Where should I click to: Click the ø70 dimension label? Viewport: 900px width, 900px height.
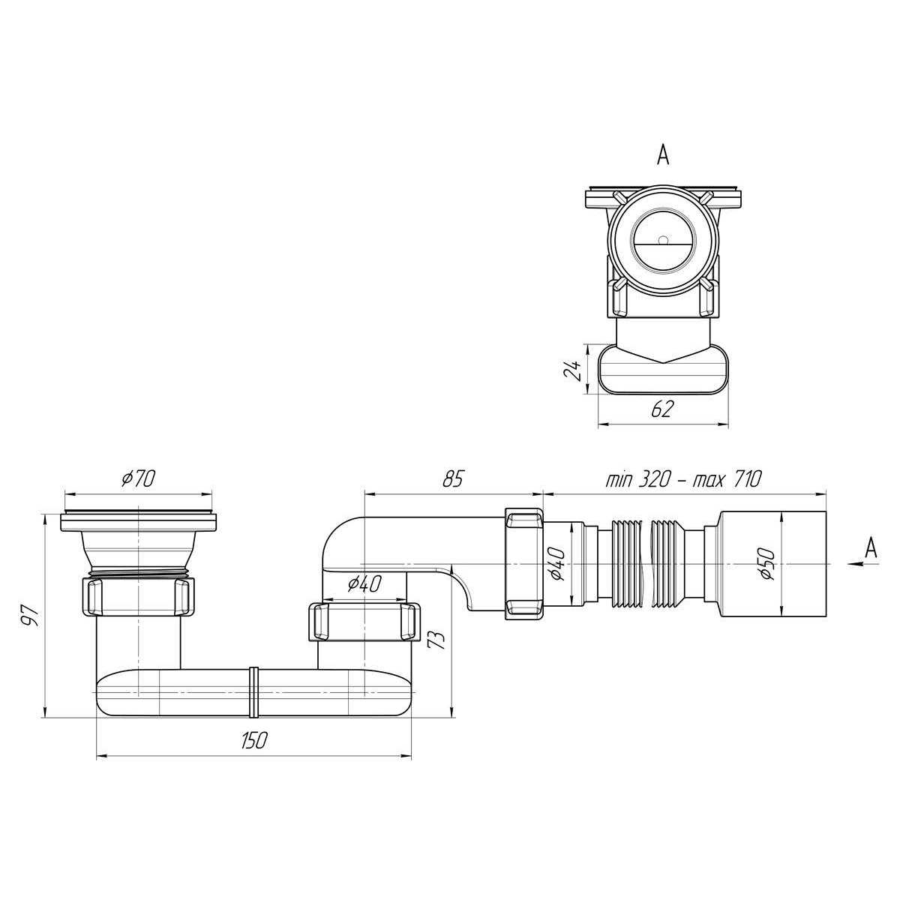(x=137, y=478)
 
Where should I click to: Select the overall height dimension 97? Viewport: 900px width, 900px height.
(x=29, y=616)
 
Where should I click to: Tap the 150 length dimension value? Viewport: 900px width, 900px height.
(x=253, y=741)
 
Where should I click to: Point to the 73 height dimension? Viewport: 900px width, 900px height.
(x=439, y=640)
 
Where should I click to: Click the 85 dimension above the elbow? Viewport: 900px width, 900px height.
(x=452, y=478)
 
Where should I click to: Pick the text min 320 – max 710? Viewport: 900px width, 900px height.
(x=683, y=478)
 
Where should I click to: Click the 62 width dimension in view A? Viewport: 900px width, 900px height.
(x=663, y=409)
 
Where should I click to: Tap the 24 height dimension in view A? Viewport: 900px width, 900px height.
(x=573, y=370)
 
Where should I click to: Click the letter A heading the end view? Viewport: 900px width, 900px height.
(x=662, y=154)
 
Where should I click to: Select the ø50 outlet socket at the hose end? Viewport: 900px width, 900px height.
(x=772, y=562)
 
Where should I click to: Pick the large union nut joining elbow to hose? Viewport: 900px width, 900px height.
(x=524, y=562)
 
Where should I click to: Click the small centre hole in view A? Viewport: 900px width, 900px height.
(x=662, y=241)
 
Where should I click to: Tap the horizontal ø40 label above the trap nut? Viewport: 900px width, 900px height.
(x=365, y=583)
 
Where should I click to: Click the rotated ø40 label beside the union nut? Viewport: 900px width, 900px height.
(x=556, y=562)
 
